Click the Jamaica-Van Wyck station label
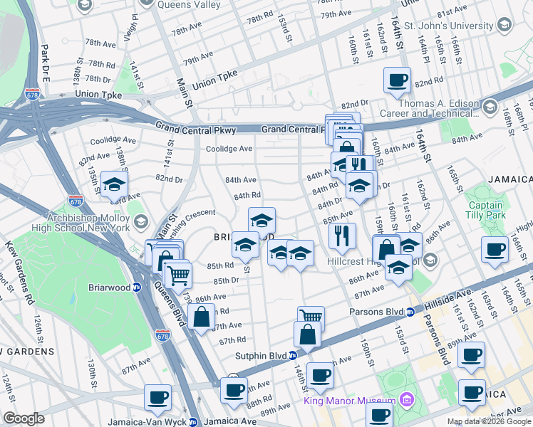point(147,421)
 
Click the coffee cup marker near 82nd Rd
point(397,80)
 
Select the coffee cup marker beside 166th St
point(494,249)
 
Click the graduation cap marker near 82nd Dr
point(113,185)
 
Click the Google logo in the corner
point(24,418)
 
